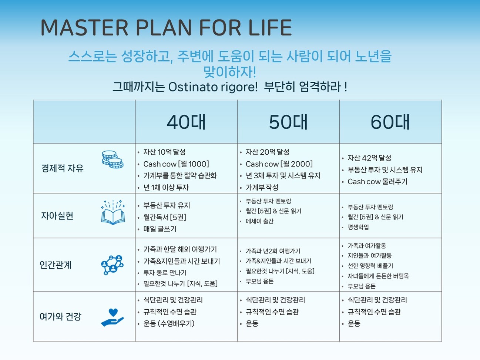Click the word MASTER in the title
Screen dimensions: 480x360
84,27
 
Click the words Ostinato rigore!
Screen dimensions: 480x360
213,87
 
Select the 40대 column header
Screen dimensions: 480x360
186,122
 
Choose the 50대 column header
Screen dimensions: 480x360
288,122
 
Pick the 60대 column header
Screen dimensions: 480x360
390,122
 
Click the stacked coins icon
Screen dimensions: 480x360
113,159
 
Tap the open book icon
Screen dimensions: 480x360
113,212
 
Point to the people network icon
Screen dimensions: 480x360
112,265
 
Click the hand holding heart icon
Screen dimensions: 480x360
112,317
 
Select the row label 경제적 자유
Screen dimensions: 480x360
63,168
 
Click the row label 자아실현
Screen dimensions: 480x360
57,216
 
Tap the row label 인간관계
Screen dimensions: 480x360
56,265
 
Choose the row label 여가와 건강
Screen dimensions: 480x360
60,316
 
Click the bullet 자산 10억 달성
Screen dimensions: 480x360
164,152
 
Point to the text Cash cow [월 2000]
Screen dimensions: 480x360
279,164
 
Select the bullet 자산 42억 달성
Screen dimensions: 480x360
369,158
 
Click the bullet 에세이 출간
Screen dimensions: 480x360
259,221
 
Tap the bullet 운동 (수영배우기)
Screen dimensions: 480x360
169,323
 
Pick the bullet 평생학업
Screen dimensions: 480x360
358,227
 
